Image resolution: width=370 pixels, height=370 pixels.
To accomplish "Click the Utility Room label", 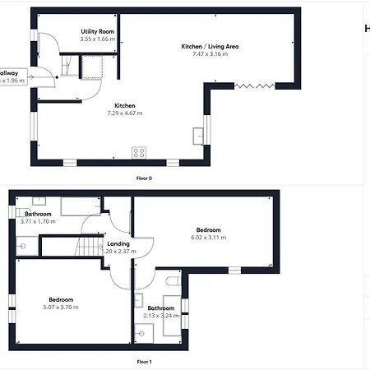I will point(97,30).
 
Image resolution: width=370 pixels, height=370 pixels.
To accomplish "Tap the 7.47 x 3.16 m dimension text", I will point(210,55).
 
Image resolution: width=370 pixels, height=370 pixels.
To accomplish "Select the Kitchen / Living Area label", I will point(210,46).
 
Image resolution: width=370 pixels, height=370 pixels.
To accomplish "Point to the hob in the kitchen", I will point(139,152).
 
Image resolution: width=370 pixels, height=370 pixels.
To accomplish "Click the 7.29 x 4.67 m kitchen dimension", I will point(125,113).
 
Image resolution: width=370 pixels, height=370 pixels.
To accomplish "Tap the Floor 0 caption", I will point(144,178).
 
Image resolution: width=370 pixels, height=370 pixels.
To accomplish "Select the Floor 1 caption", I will point(144,361).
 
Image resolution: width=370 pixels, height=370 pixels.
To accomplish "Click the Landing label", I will point(118,243).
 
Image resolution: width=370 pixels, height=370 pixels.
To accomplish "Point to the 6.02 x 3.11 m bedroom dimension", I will point(210,238).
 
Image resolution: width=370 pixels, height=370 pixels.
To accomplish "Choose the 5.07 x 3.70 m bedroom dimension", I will point(62,308).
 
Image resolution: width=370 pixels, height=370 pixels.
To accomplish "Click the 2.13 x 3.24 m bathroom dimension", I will point(160,316).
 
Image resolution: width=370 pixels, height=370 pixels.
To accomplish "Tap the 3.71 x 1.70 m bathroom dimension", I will point(38,221).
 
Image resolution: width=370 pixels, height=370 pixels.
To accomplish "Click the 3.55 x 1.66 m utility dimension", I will point(97,39).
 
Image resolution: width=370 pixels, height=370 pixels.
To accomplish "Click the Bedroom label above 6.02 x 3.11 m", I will point(208,229).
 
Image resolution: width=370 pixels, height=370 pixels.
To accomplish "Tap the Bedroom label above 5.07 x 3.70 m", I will point(62,299).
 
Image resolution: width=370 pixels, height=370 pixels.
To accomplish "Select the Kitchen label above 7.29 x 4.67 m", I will point(125,105).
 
